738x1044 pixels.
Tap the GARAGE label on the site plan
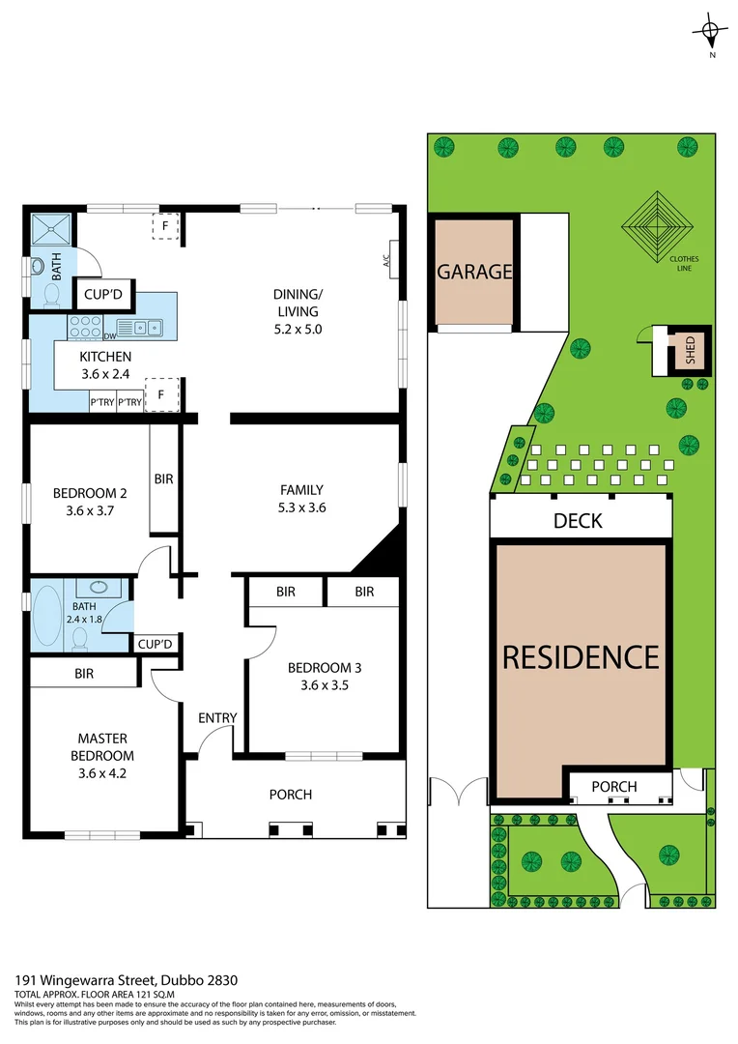(474, 272)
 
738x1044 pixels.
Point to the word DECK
(579, 521)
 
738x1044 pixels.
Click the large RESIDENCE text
(581, 657)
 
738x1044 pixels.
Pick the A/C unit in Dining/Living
(391, 259)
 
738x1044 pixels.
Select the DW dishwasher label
(109, 336)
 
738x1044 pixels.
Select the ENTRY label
(217, 717)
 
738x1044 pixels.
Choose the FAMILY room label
(301, 490)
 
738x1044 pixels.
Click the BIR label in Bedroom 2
(164, 478)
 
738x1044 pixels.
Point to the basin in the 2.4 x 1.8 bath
(95, 587)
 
